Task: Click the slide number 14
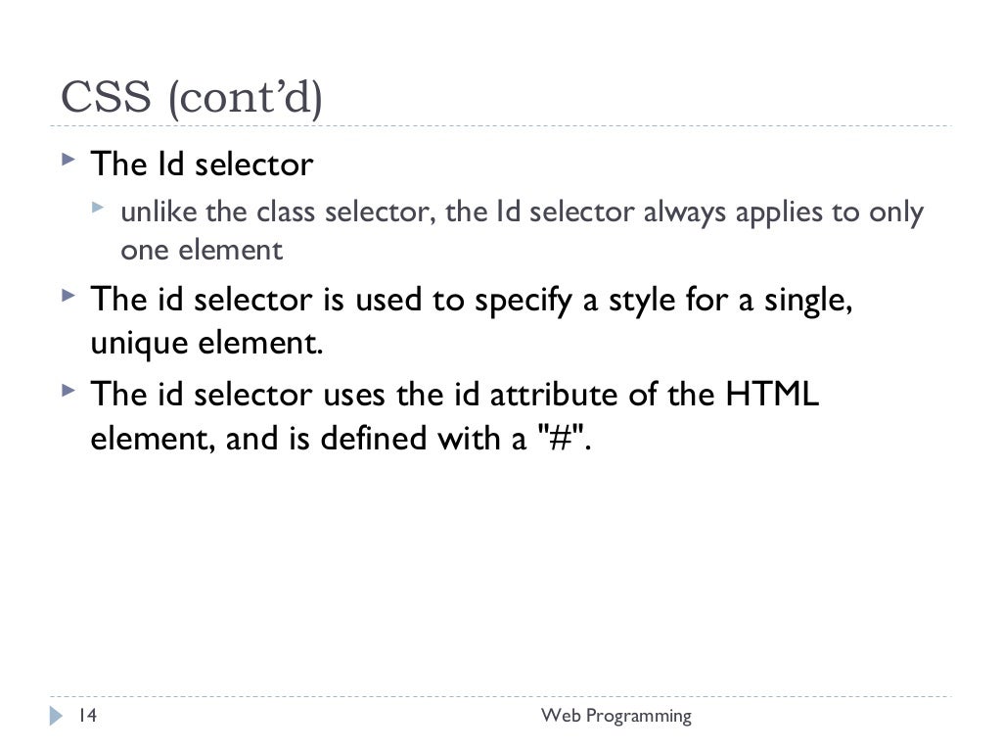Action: pyautogui.click(x=87, y=716)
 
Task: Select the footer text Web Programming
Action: pyautogui.click(x=616, y=716)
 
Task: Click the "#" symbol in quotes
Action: pyautogui.click(x=562, y=441)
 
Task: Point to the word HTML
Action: pyautogui.click(x=772, y=397)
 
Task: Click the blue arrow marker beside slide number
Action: pyautogui.click(x=55, y=717)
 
